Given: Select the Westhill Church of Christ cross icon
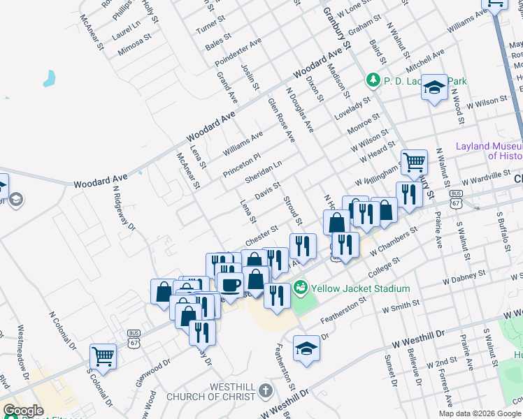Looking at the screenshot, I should click(264, 390).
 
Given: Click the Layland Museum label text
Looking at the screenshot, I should click(488, 151).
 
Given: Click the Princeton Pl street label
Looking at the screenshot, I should click(241, 165).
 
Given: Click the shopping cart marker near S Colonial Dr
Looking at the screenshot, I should click(103, 356).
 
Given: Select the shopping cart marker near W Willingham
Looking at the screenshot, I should click(414, 163).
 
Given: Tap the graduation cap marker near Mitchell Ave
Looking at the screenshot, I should click(435, 87).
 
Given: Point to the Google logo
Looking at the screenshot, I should click(24, 411).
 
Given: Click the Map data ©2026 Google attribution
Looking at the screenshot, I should click(479, 413).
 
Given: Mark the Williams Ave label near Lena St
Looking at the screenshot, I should click(242, 143).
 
